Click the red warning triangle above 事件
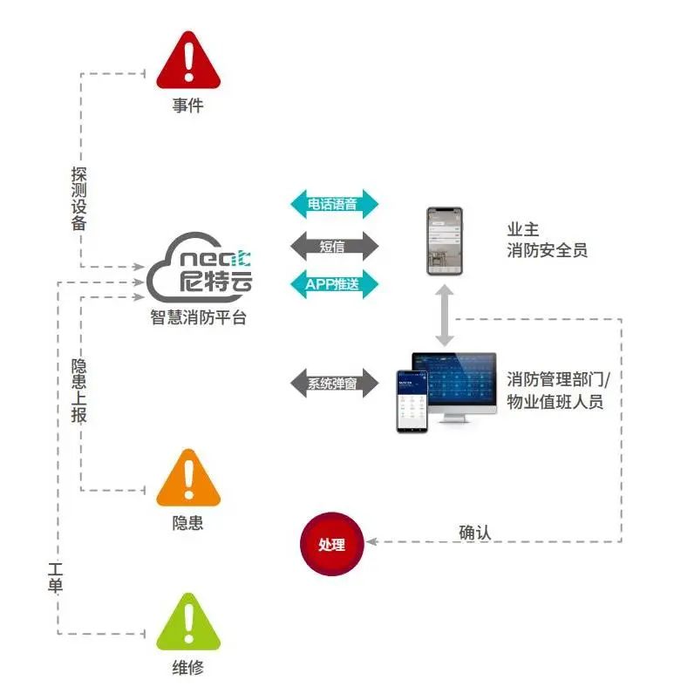click(x=187, y=63)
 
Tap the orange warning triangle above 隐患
click(x=188, y=480)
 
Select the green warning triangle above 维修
click(x=188, y=624)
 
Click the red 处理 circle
click(x=331, y=545)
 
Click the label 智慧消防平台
click(x=198, y=318)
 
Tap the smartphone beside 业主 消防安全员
click(x=445, y=241)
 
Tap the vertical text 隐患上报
click(x=79, y=389)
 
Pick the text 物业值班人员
click(x=555, y=403)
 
